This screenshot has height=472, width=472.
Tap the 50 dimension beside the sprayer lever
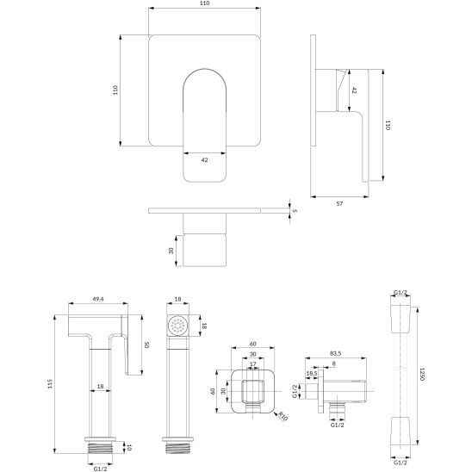(x=146, y=345)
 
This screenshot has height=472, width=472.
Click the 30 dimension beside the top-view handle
(x=171, y=250)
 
